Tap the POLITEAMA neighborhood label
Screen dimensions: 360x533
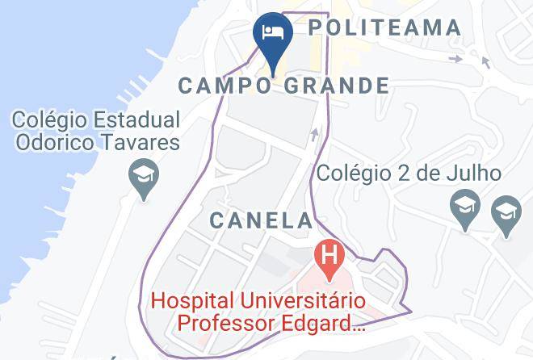pyautogui.click(x=385, y=27)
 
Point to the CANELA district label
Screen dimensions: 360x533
pyautogui.click(x=261, y=220)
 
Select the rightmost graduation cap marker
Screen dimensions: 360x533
pyautogui.click(x=506, y=213)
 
